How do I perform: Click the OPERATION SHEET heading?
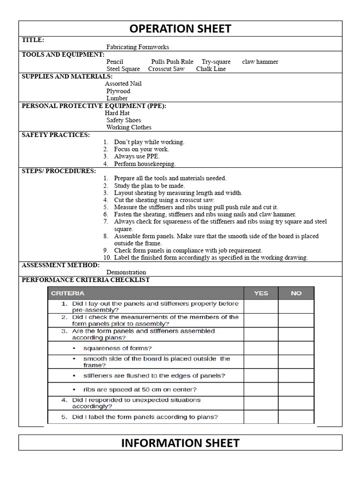pos(180,29)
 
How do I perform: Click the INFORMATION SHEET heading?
pos(180,443)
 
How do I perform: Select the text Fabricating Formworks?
pos(137,47)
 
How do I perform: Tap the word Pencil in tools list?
pos(115,62)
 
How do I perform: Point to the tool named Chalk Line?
pos(211,69)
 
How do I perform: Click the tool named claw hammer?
pos(260,62)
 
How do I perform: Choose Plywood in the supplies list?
pos(118,91)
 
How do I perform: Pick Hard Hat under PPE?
pos(117,113)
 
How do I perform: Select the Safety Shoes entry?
pos(123,120)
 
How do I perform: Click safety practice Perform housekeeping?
pos(144,164)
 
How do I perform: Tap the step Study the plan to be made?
pos(149,186)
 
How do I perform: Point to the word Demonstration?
pos(126,272)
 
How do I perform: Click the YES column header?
pos(261,293)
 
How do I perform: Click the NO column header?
pos(296,293)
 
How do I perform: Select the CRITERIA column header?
pos(68,293)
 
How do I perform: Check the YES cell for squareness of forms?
pos(261,348)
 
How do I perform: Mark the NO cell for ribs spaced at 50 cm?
pos(296,390)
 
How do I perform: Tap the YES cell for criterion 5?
pos(261,417)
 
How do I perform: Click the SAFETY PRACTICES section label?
pos(56,135)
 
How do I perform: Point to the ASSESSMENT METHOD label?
pos(61,265)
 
